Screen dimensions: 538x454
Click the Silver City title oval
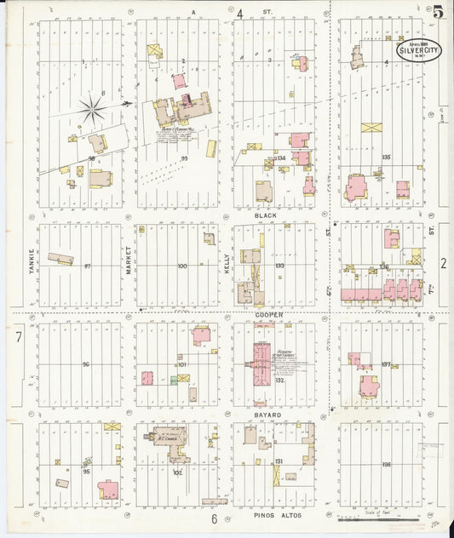tap(418, 51)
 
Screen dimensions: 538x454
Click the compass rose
tap(93, 108)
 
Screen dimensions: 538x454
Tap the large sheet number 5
tap(437, 12)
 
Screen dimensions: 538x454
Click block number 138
tap(387, 465)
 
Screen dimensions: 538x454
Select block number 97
tap(87, 266)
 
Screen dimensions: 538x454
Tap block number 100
tap(181, 266)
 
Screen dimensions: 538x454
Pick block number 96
tap(85, 364)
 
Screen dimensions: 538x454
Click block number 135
tap(386, 157)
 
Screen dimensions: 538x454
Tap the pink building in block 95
tap(108, 489)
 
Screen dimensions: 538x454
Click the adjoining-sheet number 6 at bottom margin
tap(215, 518)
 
